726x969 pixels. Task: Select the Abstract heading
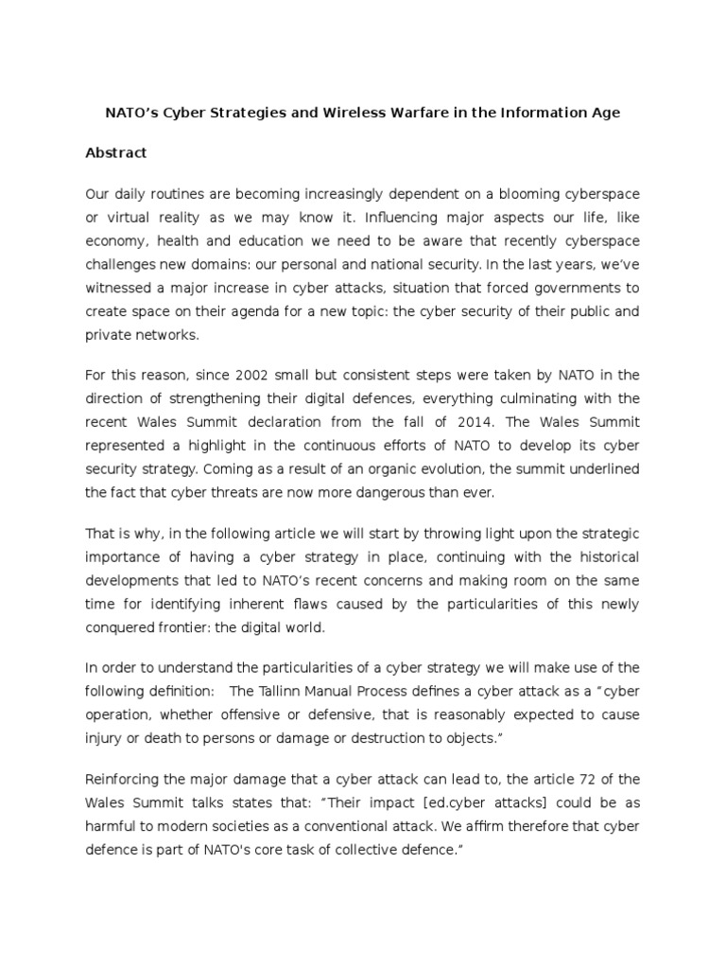(x=116, y=152)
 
